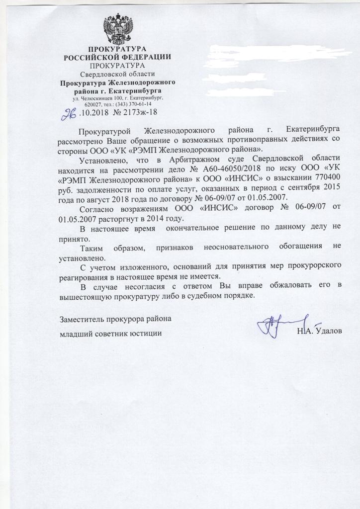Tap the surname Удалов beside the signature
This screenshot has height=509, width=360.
tap(328, 332)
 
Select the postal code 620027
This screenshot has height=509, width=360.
tap(93, 104)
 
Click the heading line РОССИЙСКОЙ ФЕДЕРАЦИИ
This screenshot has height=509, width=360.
tap(117, 57)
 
